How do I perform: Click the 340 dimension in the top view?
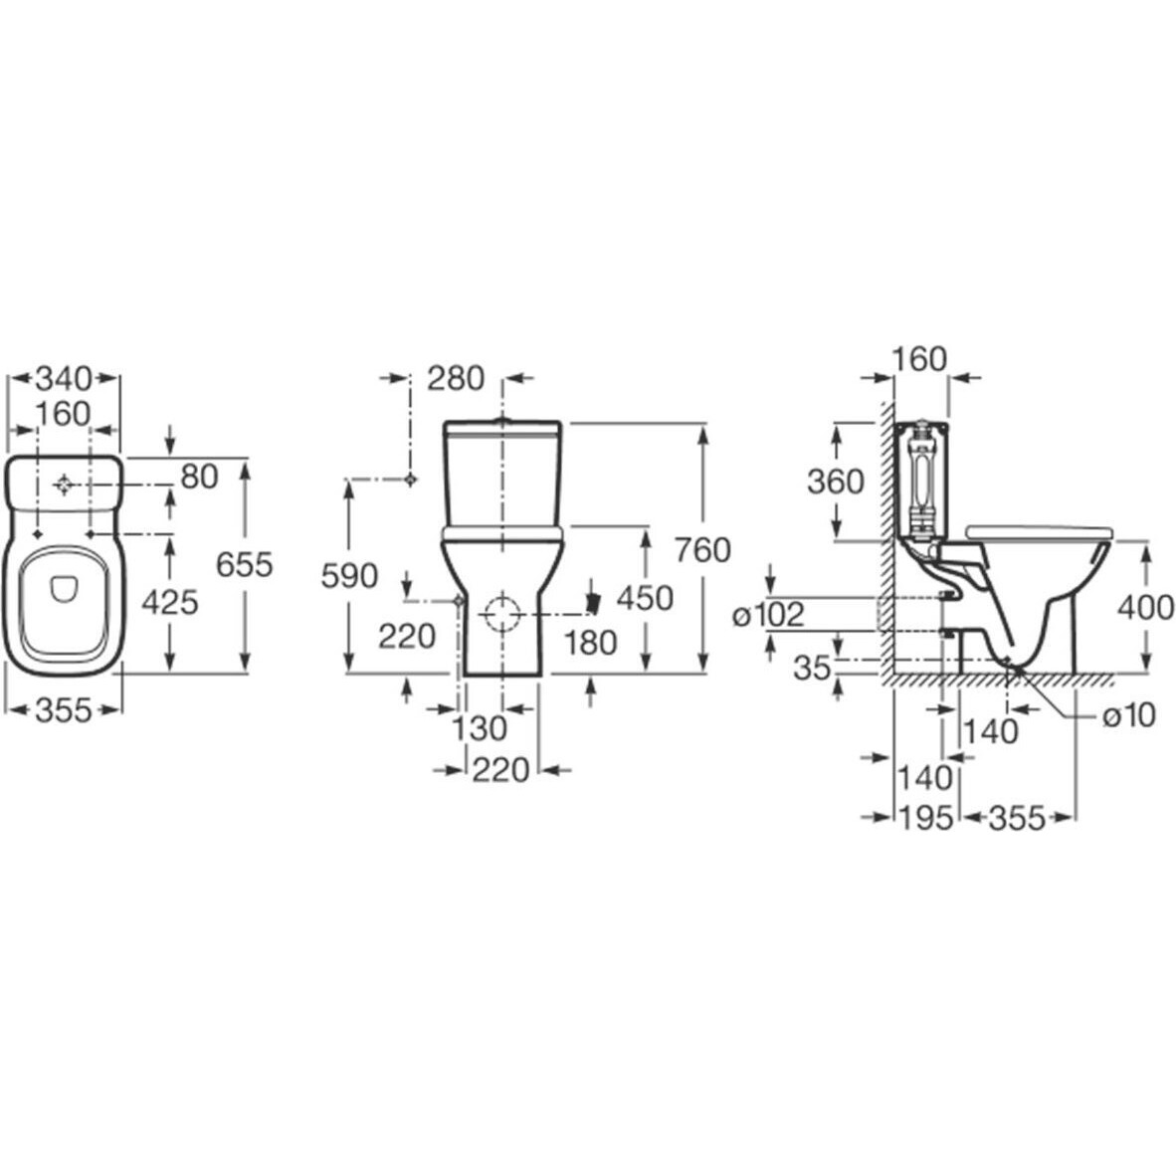(64, 379)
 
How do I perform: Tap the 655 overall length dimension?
(245, 565)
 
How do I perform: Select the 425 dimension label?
(170, 602)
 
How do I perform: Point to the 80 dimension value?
(199, 477)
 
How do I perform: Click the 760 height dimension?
(702, 550)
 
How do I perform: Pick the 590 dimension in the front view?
(349, 576)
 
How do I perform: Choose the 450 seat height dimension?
(645, 598)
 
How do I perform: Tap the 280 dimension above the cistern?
(456, 379)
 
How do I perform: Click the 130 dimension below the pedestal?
(480, 727)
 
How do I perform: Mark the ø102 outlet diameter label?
(769, 615)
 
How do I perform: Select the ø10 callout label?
(1128, 715)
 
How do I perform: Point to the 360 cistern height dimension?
(836, 482)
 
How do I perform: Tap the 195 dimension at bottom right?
(925, 817)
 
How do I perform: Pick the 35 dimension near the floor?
(812, 667)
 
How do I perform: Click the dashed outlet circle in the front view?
(502, 613)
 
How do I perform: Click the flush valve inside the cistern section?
(920, 479)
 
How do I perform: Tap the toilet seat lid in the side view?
(1040, 531)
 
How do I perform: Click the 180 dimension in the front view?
(591, 643)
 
